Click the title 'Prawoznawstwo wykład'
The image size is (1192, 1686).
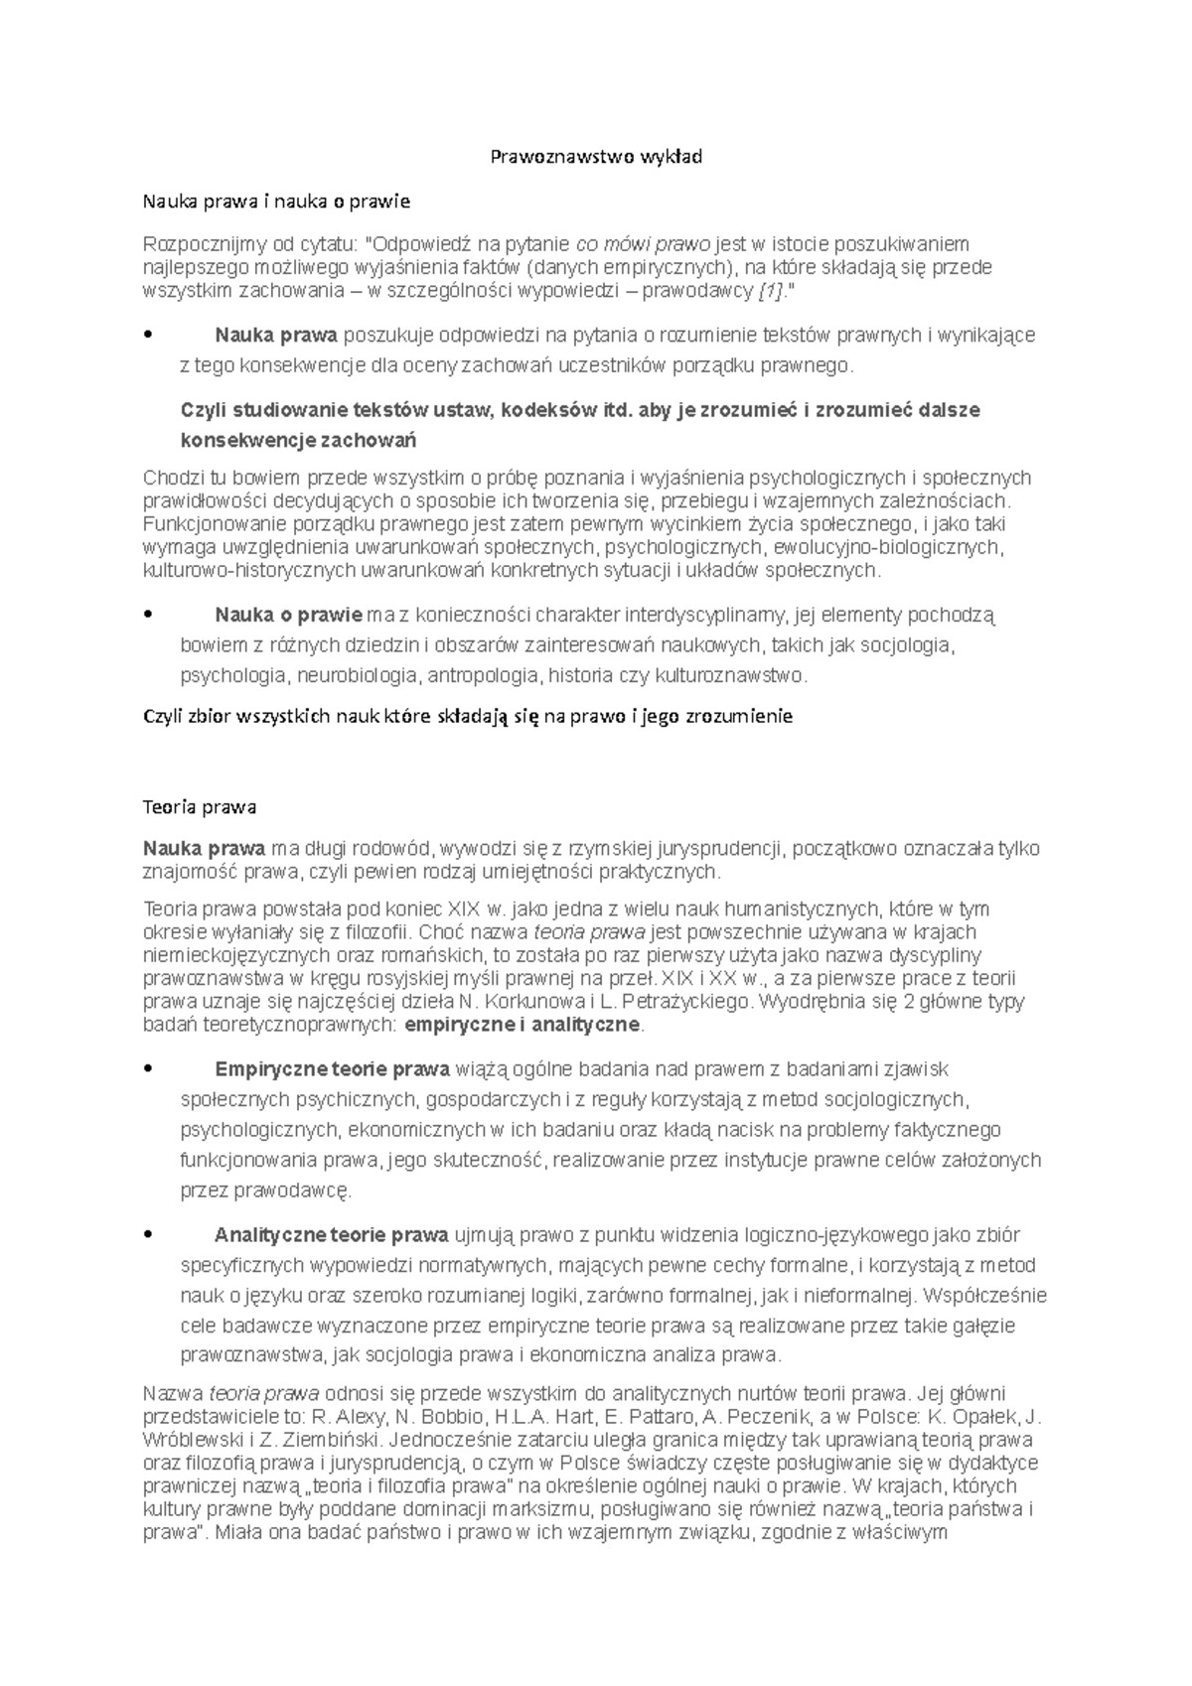[597, 157]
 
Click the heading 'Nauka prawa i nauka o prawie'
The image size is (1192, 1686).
[276, 203]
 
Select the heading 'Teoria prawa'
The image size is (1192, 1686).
[200, 806]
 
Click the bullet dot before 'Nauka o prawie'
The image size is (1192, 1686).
[148, 616]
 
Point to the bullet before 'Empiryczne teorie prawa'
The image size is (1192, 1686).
[148, 1069]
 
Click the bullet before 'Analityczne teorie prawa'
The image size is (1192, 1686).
[148, 1235]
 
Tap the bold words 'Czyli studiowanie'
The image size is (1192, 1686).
[254, 410]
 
